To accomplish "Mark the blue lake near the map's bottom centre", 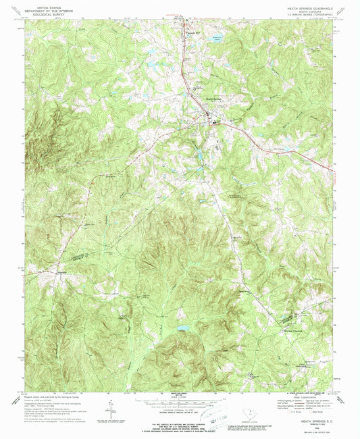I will pos(182,329).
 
